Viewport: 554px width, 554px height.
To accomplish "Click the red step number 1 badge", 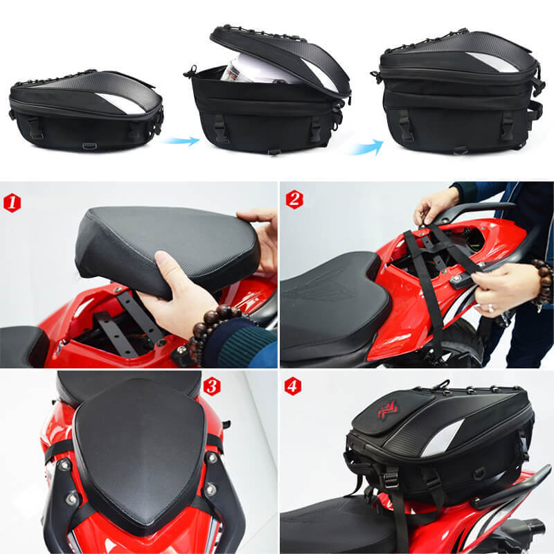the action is coord(12,203).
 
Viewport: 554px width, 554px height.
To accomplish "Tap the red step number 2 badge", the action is coord(294,199).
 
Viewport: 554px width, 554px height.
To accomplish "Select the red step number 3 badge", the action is coord(212,386).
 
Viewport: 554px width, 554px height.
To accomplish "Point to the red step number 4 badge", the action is coord(293,386).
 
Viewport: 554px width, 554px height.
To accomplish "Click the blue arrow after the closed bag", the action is coord(180,141).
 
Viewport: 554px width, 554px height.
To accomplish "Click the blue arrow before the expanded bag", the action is coord(367,147).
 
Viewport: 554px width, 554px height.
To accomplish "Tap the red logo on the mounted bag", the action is coord(388,410).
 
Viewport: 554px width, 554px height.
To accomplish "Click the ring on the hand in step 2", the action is coord(491,308).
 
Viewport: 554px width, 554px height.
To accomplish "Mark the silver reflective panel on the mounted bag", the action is coord(442,438).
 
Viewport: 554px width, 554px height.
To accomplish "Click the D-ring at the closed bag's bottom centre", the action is coord(89,146).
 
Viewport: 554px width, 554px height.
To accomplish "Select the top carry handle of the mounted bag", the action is coord(444,383).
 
